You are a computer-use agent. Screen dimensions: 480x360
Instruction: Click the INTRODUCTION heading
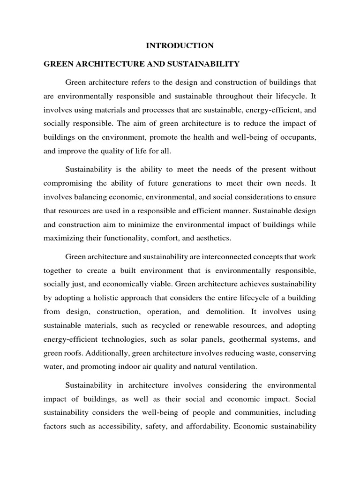(x=180, y=45)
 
